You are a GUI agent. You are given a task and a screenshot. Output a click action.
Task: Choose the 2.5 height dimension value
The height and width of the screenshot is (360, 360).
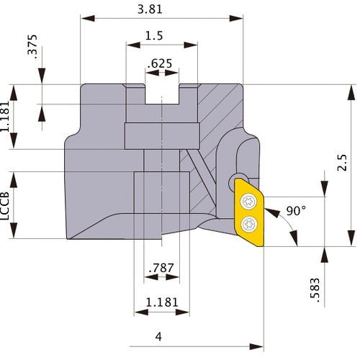tap(343, 166)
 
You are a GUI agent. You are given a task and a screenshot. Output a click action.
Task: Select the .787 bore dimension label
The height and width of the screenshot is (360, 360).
tap(161, 271)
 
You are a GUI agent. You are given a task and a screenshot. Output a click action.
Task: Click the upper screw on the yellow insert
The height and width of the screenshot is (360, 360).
tap(248, 201)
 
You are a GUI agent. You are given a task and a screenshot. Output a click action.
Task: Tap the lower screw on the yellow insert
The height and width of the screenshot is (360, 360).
tap(248, 223)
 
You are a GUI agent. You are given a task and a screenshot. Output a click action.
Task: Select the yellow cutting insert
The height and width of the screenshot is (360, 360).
tap(249, 212)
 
